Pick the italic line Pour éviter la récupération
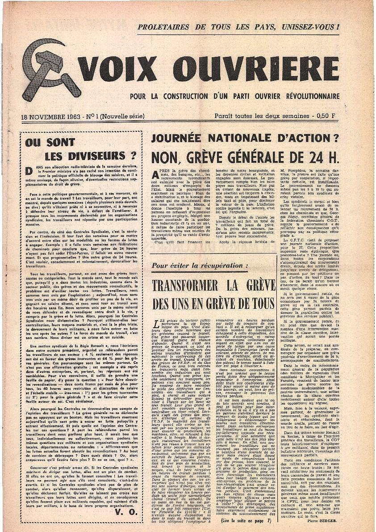(193, 266)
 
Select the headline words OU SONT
(44, 143)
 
